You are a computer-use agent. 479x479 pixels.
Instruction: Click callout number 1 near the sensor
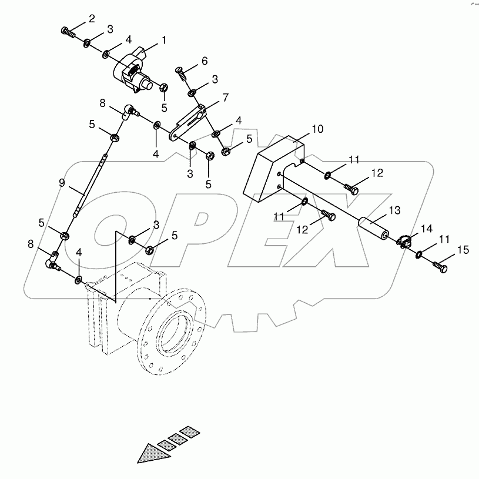pos(164,41)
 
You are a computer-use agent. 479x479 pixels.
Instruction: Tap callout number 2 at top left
pos(92,19)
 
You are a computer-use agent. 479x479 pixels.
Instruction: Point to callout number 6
pos(204,61)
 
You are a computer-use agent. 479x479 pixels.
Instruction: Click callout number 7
pos(225,97)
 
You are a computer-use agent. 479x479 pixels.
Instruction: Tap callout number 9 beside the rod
pos(62,183)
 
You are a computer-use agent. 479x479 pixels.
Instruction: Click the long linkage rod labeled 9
pos(92,185)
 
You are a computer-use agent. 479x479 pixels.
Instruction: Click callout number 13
pos(393,210)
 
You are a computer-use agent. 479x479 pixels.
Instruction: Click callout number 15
pos(463,250)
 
